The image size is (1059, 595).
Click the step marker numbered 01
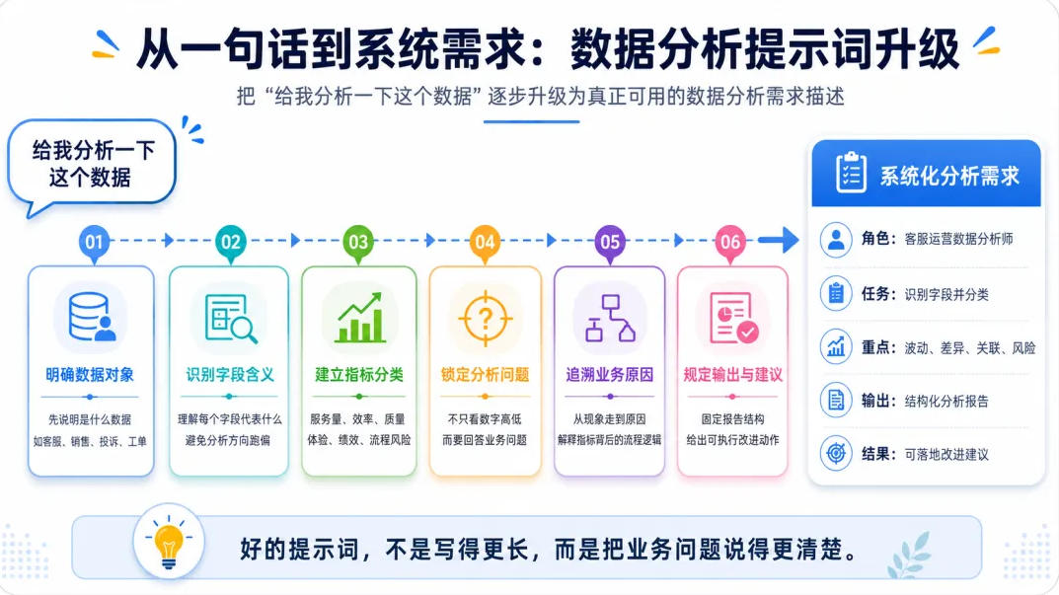point(94,242)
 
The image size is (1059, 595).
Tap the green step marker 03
point(358,242)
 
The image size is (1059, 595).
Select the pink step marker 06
point(730,242)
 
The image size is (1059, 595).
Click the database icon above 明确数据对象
point(91,317)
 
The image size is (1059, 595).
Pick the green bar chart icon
point(360,318)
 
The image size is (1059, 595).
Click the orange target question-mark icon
point(485,318)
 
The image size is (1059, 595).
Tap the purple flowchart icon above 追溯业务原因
point(610,318)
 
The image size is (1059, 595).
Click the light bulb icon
point(168,543)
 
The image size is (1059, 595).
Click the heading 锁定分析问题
point(485,375)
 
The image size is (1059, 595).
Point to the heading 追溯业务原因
point(609,375)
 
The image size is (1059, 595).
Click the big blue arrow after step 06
point(778,240)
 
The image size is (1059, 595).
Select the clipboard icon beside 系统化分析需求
point(851,173)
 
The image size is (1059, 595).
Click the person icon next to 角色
point(836,239)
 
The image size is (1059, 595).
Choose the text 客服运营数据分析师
point(958,239)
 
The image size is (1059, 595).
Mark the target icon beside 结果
point(836,453)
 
